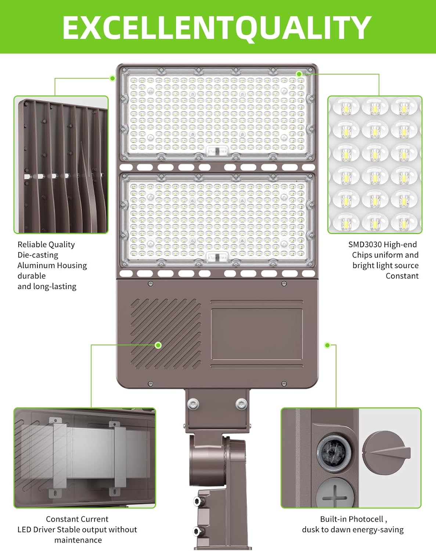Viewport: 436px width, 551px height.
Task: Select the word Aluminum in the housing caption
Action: coord(33,265)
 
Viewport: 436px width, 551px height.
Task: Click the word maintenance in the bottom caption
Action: coord(78,540)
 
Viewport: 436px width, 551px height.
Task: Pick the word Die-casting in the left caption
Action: coord(38,255)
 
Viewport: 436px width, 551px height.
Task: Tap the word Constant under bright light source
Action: coord(402,276)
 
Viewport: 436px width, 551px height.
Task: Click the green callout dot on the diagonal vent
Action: coord(158,345)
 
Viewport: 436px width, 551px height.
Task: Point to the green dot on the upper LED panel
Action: coord(299,74)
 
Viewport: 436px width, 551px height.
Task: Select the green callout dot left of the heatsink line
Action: coord(112,78)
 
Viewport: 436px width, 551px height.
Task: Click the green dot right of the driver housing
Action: coord(327,345)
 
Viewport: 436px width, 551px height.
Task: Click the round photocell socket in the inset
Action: coord(334,453)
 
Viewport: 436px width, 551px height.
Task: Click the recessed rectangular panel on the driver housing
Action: coord(257,334)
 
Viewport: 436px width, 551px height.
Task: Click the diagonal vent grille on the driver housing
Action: coord(166,334)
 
